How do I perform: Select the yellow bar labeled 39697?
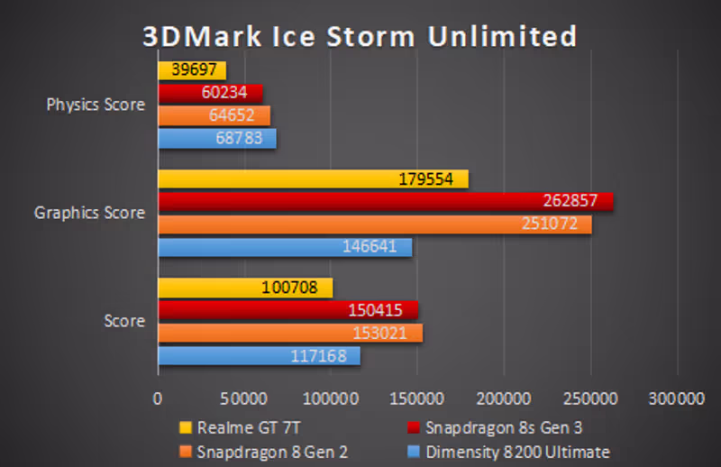coord(192,70)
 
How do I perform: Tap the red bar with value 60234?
coord(210,93)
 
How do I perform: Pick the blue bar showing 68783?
coord(217,139)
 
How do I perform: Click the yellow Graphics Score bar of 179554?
coord(313,179)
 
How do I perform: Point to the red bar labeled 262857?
coord(385,201)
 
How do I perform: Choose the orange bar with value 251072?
coord(375,224)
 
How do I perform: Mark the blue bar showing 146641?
coord(285,246)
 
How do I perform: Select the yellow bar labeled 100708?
coord(245,288)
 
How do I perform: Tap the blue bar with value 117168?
coord(259,355)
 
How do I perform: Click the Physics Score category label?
coord(96,105)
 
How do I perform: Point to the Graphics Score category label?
coord(89,213)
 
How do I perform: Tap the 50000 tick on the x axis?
coord(244,398)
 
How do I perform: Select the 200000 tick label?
coord(502,398)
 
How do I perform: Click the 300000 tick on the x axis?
coord(675,398)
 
